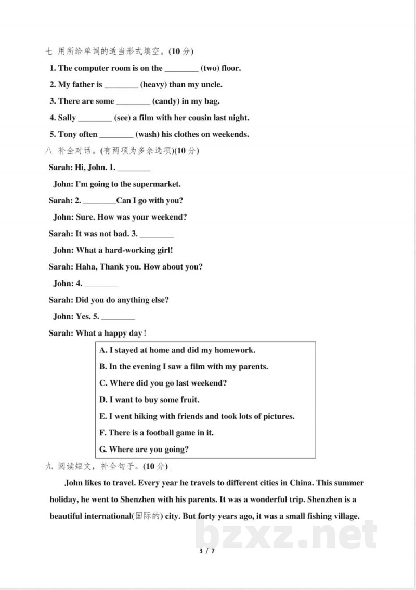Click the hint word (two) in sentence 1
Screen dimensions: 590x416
click(x=210, y=68)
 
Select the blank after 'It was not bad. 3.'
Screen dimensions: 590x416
click(x=157, y=235)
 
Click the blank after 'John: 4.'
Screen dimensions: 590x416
click(x=101, y=285)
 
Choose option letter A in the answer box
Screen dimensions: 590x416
click(x=103, y=350)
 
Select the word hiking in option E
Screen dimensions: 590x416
click(x=165, y=416)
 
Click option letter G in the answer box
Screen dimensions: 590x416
click(x=103, y=450)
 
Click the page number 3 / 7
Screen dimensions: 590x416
click(x=207, y=551)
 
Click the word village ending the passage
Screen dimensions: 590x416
click(x=344, y=516)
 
